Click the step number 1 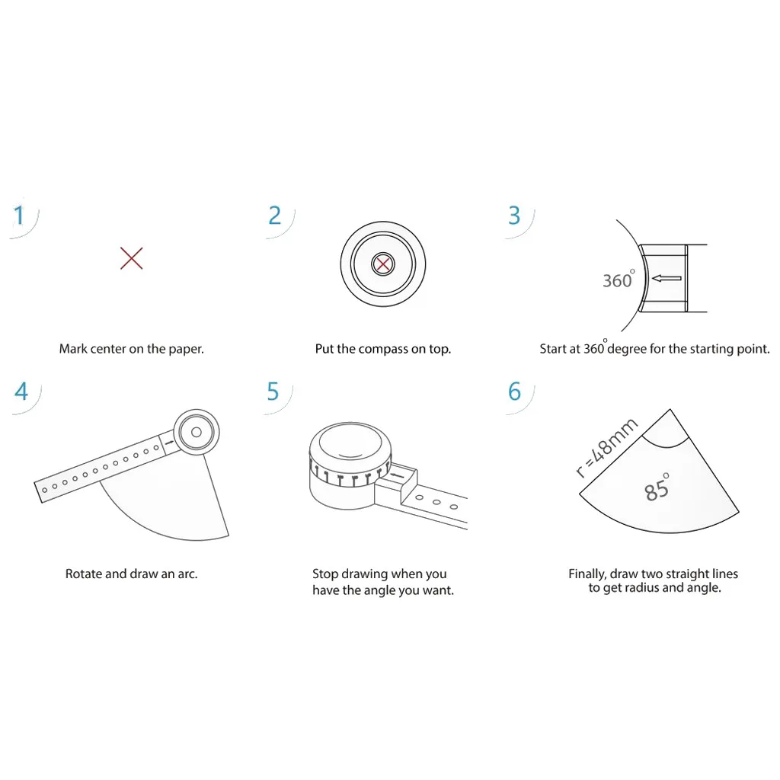(x=19, y=216)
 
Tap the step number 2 (x=274, y=216)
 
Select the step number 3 (x=514, y=216)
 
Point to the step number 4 (x=21, y=392)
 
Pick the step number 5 (x=273, y=392)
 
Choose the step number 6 (x=514, y=392)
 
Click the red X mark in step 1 (x=132, y=258)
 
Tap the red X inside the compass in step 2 (x=382, y=264)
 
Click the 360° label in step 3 (x=619, y=279)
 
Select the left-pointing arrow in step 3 (x=667, y=279)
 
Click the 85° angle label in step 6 (x=657, y=487)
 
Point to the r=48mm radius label (x=606, y=448)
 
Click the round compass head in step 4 (x=196, y=432)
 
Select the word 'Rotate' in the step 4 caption (x=84, y=574)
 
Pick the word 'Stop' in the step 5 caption (x=324, y=574)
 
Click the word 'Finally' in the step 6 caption (x=587, y=574)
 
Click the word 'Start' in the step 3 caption (x=553, y=349)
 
